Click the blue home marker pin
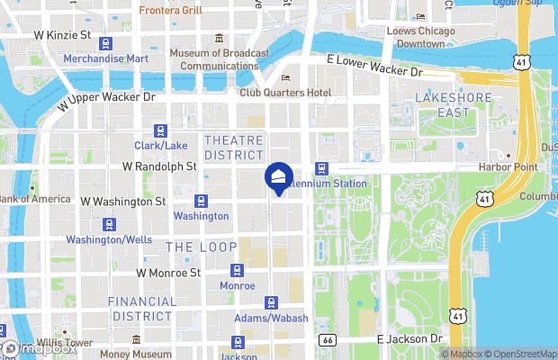(x=278, y=176)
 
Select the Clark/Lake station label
(x=160, y=146)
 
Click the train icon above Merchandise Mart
(x=107, y=42)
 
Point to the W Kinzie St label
(x=63, y=35)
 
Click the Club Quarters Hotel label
(x=285, y=93)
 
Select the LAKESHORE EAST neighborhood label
(x=442, y=104)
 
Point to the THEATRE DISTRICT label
(x=233, y=148)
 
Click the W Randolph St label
(x=159, y=166)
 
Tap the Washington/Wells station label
(x=108, y=240)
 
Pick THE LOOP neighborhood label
(x=201, y=247)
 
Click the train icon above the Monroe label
(x=238, y=269)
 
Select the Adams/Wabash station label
(x=270, y=319)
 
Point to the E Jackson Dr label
(x=410, y=338)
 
